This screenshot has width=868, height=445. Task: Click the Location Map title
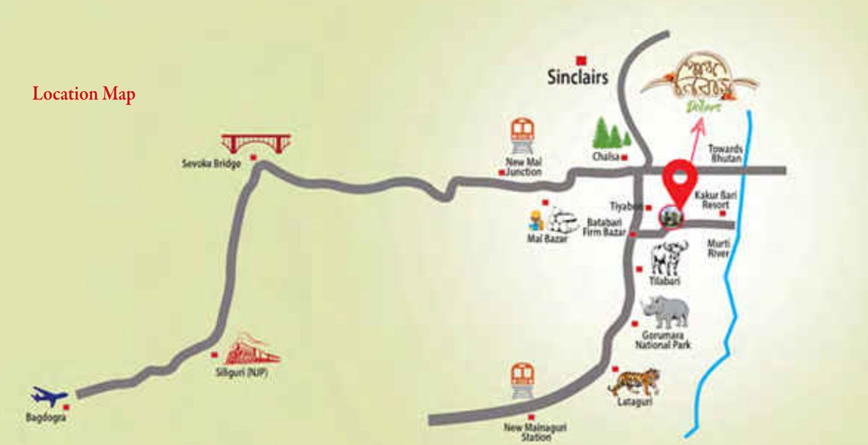84,94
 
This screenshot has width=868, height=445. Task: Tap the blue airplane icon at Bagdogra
49,396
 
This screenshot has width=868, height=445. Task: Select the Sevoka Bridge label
211,164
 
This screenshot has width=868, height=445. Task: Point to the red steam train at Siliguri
251,351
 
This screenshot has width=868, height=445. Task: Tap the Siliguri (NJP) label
241,375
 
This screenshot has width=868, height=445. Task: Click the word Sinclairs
578,77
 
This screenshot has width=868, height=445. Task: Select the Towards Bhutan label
725,153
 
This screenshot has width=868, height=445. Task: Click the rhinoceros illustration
665,312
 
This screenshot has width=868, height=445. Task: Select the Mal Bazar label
548,238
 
